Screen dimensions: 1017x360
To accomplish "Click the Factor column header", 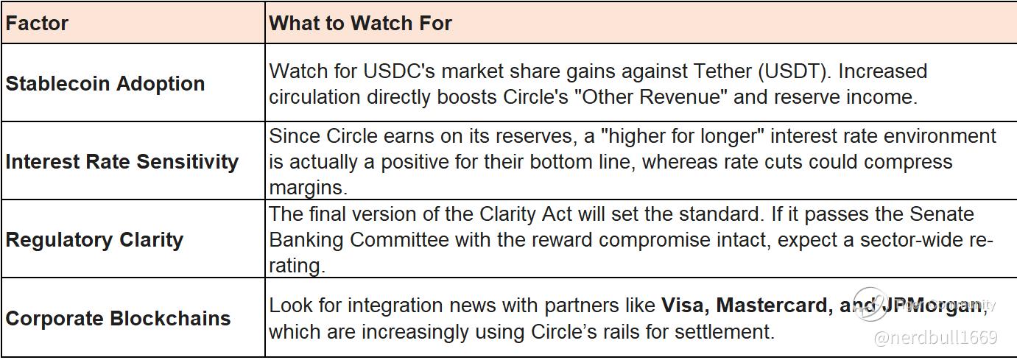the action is [x=37, y=23].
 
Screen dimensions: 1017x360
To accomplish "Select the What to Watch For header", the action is [x=361, y=23].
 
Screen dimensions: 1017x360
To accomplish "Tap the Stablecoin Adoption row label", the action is [x=105, y=84].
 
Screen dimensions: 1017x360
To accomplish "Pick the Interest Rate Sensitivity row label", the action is [x=122, y=162].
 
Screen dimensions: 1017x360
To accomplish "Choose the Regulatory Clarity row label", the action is [x=94, y=240].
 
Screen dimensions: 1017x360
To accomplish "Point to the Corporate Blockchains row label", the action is [x=118, y=318].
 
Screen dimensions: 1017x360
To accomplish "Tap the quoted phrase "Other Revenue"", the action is [x=651, y=97].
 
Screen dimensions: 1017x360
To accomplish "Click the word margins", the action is [x=309, y=188].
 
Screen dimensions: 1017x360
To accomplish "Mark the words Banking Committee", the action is [x=359, y=240].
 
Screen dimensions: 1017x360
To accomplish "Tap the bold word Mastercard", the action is [x=775, y=306].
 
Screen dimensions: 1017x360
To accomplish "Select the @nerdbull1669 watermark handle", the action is [x=936, y=338].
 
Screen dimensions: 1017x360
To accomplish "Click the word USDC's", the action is [x=400, y=71].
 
